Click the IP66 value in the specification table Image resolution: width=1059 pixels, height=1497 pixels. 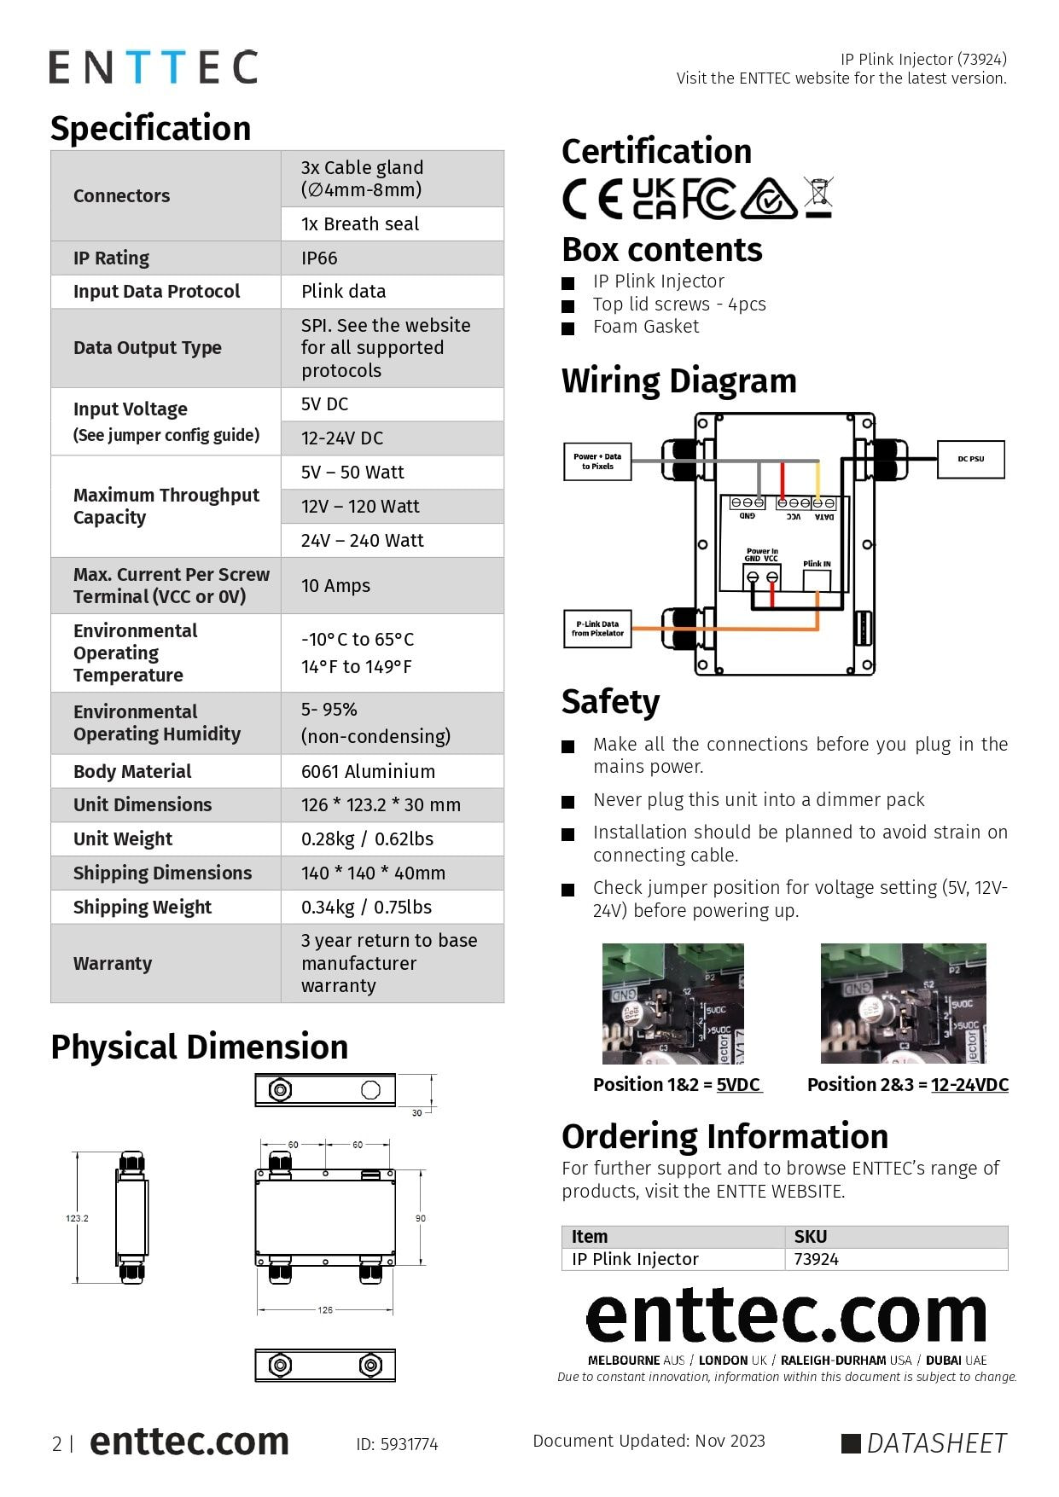[x=319, y=258]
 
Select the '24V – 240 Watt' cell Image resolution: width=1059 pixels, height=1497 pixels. [x=362, y=540]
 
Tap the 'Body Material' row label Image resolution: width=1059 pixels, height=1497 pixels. [x=132, y=771]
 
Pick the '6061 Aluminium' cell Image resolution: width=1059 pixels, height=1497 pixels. [x=368, y=771]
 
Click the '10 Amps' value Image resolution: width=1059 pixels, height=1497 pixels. [x=335, y=585]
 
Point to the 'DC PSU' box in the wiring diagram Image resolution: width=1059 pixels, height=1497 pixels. [x=970, y=459]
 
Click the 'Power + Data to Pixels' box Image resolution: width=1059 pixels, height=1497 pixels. [x=597, y=461]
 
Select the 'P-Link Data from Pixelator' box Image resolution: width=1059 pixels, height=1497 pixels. [x=597, y=629]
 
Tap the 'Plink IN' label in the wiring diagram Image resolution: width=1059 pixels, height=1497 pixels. [x=817, y=564]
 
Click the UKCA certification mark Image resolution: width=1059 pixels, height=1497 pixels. [x=655, y=199]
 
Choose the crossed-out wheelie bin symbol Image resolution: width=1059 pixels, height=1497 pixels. [x=818, y=196]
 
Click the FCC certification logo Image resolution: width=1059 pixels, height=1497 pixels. [x=707, y=199]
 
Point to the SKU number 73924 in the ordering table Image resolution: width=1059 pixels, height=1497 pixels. [x=816, y=1259]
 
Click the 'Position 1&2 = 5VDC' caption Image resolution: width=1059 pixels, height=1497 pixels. [x=677, y=1084]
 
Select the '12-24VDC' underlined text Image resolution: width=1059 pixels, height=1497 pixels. [x=969, y=1084]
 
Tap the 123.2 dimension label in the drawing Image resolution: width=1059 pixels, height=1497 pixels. [x=77, y=1218]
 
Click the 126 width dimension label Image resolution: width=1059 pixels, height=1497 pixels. [x=325, y=1309]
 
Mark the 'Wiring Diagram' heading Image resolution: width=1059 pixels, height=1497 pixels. [x=678, y=380]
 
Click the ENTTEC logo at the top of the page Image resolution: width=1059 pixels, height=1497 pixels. [x=154, y=67]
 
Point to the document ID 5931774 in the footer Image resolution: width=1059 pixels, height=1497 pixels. [x=397, y=1444]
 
